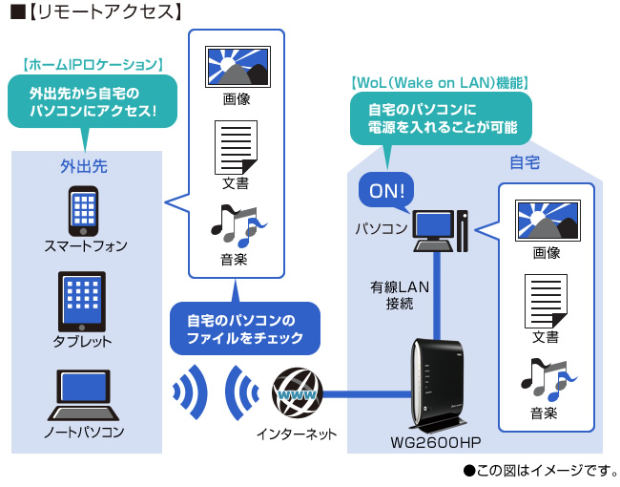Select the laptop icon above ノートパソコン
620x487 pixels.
click(83, 393)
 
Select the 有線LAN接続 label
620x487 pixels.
click(401, 294)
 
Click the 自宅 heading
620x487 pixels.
click(524, 162)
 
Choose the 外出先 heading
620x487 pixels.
click(84, 165)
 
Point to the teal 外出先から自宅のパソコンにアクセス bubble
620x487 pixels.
click(92, 102)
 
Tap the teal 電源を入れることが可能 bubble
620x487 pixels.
click(442, 116)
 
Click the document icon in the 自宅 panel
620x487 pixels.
click(546, 301)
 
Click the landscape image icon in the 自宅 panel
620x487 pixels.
click(547, 221)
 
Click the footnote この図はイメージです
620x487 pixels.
click(542, 470)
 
